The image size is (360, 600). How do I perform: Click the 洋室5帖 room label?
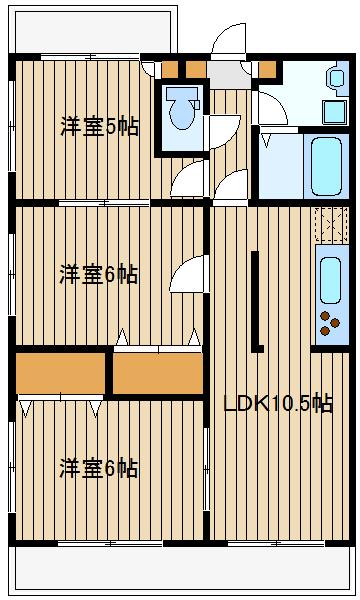click(98, 127)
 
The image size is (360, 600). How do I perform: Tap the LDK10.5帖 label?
click(278, 404)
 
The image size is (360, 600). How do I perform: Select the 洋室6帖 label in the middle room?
click(98, 274)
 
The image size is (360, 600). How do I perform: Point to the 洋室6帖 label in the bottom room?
click(98, 467)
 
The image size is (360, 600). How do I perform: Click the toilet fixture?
click(181, 110)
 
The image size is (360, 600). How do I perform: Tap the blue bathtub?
click(327, 165)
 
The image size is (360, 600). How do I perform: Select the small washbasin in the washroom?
click(337, 77)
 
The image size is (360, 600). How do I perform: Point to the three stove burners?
click(328, 322)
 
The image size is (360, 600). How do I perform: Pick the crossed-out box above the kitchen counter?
click(329, 224)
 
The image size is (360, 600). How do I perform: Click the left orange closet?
click(61, 373)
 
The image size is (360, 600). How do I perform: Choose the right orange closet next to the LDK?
click(157, 373)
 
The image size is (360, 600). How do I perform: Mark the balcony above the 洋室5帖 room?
click(95, 32)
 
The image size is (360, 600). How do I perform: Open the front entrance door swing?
click(227, 40)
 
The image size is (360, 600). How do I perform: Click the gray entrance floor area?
click(229, 75)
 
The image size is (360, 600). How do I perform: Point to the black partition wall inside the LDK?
click(257, 300)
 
